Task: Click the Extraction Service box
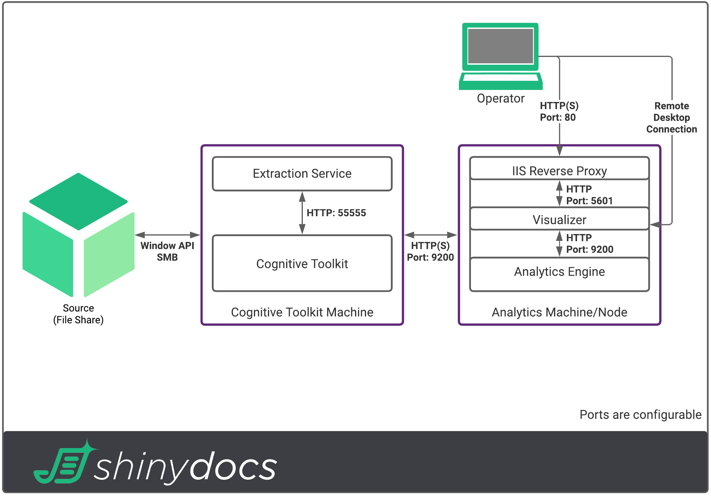click(x=302, y=174)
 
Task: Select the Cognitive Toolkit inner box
click(x=302, y=264)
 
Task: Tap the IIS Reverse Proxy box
click(x=559, y=171)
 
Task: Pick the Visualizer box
click(x=559, y=220)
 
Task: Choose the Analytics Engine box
click(x=559, y=272)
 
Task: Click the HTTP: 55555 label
click(x=336, y=213)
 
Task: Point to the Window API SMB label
click(x=167, y=251)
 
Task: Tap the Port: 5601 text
click(x=589, y=201)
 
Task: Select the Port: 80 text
click(x=557, y=117)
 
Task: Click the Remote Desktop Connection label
click(x=671, y=117)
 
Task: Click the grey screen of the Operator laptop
click(x=500, y=46)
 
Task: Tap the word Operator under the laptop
click(x=500, y=98)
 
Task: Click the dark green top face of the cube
click(x=78, y=201)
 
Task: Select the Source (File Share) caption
click(x=78, y=314)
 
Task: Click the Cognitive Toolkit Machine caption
click(x=302, y=312)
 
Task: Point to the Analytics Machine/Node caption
click(x=559, y=312)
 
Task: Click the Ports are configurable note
click(x=640, y=415)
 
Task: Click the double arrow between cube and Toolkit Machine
click(x=167, y=235)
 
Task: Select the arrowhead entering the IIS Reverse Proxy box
click(x=559, y=151)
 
